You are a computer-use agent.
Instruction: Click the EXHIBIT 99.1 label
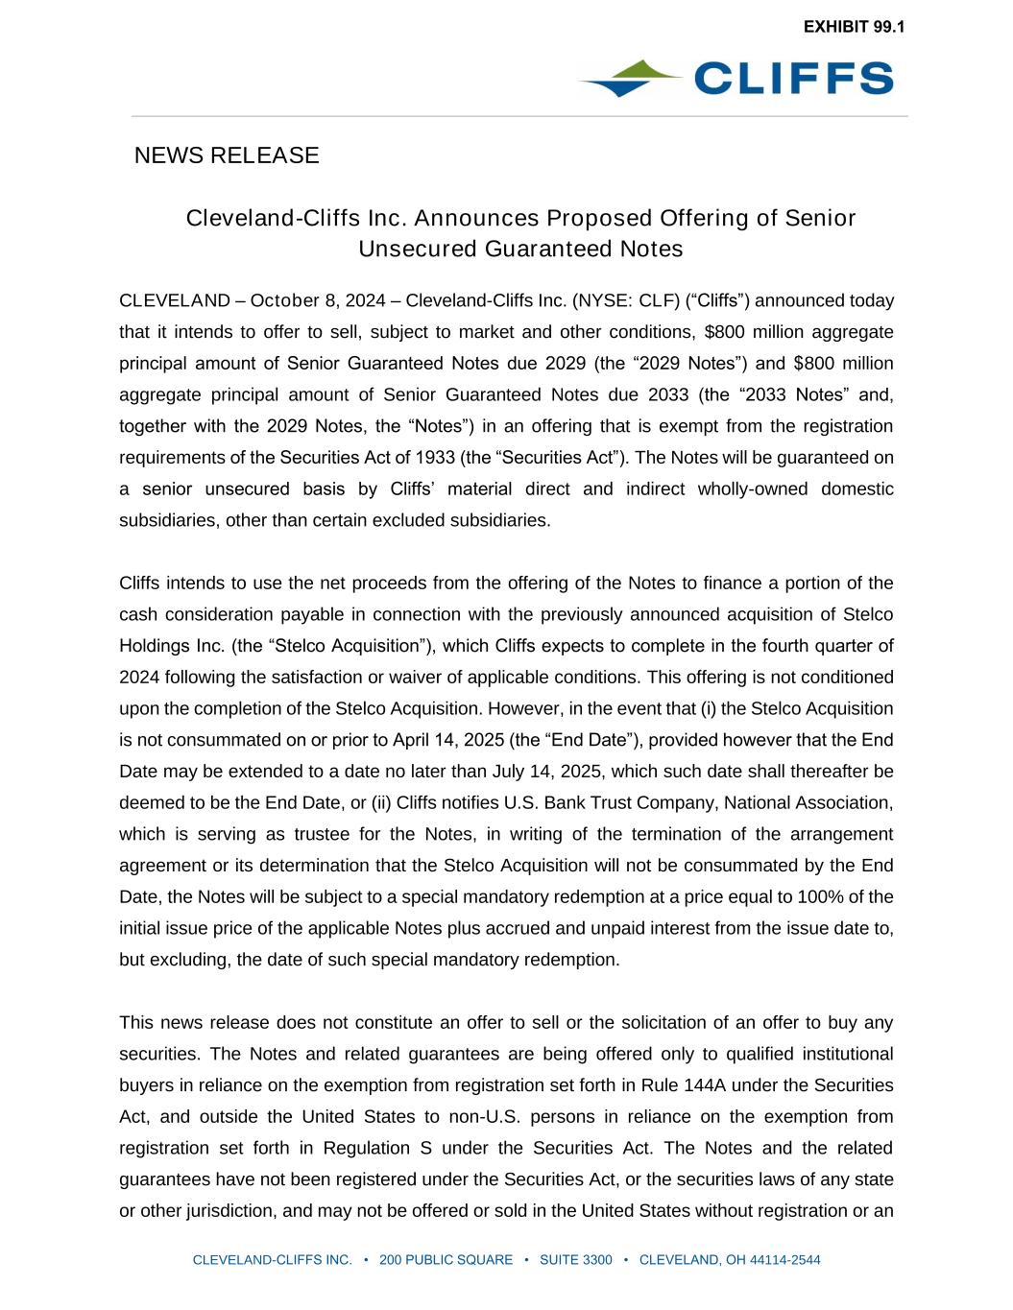tap(854, 27)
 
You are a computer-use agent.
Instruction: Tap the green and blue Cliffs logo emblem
tap(629, 79)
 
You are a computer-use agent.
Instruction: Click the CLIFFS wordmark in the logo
tap(793, 79)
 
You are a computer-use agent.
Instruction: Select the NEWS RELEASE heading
tap(227, 155)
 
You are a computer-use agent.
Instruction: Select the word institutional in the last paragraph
tap(843, 1054)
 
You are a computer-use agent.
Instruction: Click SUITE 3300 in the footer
tap(575, 1260)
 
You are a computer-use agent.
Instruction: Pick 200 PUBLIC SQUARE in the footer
tap(446, 1260)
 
